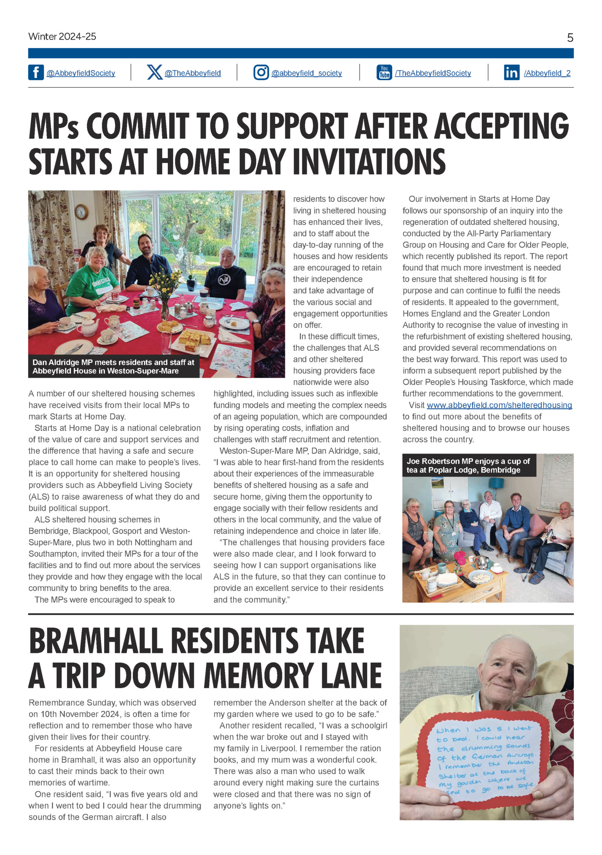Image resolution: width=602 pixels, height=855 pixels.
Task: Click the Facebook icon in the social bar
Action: pos(36,73)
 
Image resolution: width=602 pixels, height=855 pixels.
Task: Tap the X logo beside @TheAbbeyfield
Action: pos(155,73)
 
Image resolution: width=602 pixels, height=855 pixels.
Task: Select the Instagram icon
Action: pos(261,73)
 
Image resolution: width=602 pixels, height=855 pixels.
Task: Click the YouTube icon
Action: pos(384,73)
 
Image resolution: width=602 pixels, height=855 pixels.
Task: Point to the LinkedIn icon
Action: pos(511,73)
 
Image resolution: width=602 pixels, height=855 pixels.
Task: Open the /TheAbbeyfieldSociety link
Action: pos(433,73)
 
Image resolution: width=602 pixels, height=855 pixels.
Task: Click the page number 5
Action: pos(570,38)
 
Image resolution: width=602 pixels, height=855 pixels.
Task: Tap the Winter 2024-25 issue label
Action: pos(62,37)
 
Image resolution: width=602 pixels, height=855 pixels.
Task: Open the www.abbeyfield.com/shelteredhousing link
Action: pos(499,405)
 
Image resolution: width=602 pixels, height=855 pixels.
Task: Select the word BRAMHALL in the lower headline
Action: pos(96,641)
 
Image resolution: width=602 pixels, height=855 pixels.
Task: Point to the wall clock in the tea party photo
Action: pos(81,212)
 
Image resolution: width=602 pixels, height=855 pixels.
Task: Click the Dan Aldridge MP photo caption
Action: pos(114,367)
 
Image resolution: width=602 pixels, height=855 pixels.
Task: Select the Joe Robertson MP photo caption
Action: pos(469,465)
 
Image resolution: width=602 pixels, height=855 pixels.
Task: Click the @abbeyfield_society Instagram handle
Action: pos(306,73)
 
